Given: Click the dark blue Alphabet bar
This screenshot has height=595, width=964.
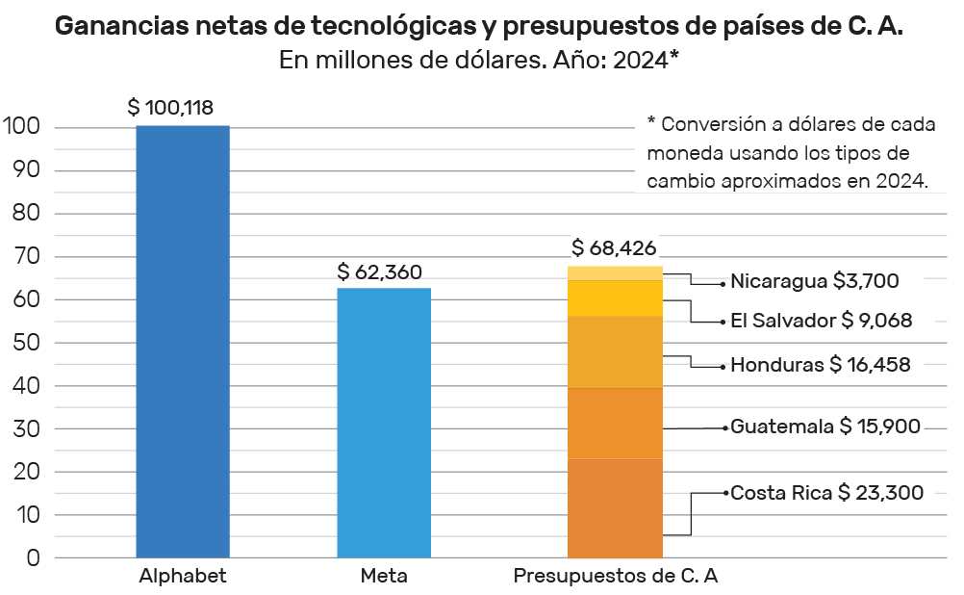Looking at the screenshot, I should [183, 341].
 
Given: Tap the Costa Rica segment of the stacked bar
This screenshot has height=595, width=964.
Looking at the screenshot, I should [616, 507].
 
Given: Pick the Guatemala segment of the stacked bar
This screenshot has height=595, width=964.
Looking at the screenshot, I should [616, 423].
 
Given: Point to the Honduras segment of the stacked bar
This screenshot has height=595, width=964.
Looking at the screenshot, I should [616, 351].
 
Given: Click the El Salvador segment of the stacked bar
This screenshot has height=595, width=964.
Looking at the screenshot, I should [616, 297].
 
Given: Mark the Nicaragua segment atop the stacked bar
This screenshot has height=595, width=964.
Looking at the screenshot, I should [616, 272].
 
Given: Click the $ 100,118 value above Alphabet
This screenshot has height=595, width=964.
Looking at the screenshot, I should [170, 108].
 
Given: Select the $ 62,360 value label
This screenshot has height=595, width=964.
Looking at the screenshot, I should [380, 272].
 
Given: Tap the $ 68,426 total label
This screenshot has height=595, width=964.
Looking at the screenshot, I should [614, 248].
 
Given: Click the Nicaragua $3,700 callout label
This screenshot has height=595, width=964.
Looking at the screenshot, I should [814, 281].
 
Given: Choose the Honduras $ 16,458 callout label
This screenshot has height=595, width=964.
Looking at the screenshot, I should [820, 365].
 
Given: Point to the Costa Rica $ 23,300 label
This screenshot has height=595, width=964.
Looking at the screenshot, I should [826, 493].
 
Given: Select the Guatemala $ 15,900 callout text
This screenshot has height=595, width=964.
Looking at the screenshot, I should [825, 427].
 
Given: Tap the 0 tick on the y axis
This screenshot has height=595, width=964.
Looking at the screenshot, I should [33, 558].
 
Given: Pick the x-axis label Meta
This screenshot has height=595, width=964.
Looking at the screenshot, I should [384, 577].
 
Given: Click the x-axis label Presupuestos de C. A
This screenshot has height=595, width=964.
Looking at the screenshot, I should [616, 577].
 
